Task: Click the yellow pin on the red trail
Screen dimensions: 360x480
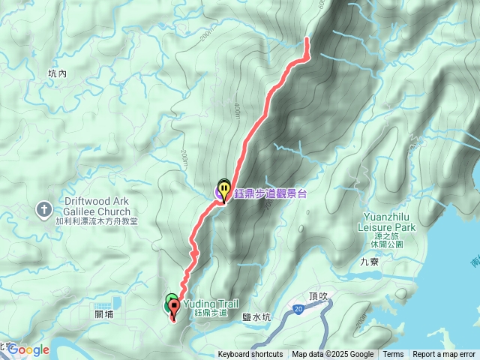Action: click(x=223, y=188)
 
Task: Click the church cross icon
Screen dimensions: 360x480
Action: click(x=44, y=208)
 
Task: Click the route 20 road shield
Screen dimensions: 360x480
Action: click(x=298, y=308)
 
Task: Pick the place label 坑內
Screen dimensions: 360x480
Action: click(x=57, y=73)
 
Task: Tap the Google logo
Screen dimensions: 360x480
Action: click(x=28, y=349)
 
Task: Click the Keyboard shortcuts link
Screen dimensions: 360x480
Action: click(x=250, y=355)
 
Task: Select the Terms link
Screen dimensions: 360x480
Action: click(x=393, y=355)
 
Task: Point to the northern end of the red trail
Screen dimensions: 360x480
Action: click(x=307, y=38)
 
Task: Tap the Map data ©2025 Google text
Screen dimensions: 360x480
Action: click(x=333, y=355)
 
